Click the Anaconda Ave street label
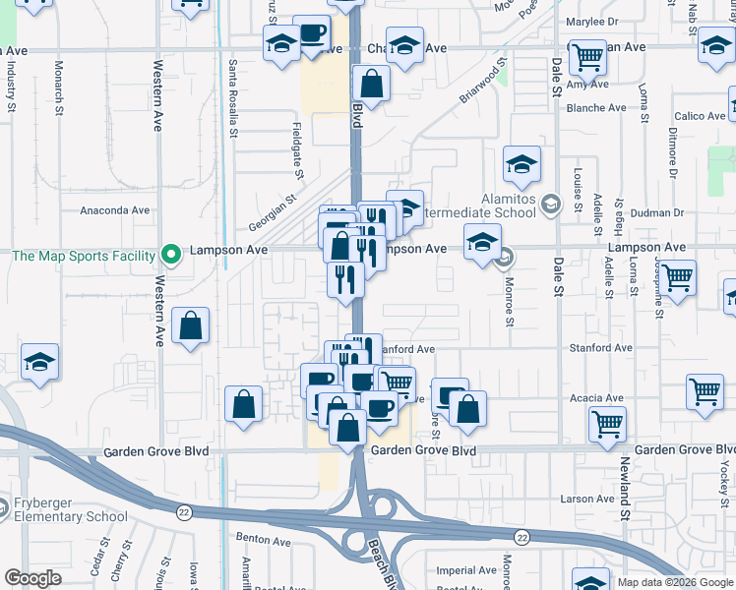[x=114, y=209]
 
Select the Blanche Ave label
[x=596, y=108]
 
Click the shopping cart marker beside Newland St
[x=607, y=425]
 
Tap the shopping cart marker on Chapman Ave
[x=587, y=57]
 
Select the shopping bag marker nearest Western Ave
[x=190, y=326]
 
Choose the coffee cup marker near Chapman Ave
[x=312, y=35]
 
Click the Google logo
[x=33, y=578]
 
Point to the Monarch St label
[x=59, y=94]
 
